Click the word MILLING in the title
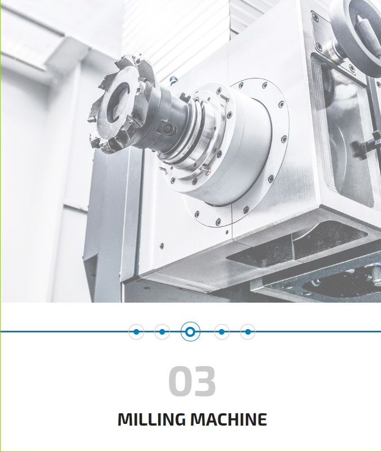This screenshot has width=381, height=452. click(x=152, y=419)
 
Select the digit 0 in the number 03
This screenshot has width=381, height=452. click(x=180, y=381)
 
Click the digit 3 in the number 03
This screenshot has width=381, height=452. click(x=204, y=381)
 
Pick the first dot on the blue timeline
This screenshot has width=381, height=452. click(x=136, y=332)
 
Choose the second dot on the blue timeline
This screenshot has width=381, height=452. click(x=162, y=332)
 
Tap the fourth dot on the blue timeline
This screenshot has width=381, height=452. click(x=222, y=332)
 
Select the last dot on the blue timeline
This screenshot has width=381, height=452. click(x=247, y=332)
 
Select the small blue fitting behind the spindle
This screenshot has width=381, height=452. click(x=173, y=80)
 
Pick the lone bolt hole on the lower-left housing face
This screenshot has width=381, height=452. click(x=162, y=246)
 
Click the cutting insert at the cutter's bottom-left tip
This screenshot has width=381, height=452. click(x=94, y=142)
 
